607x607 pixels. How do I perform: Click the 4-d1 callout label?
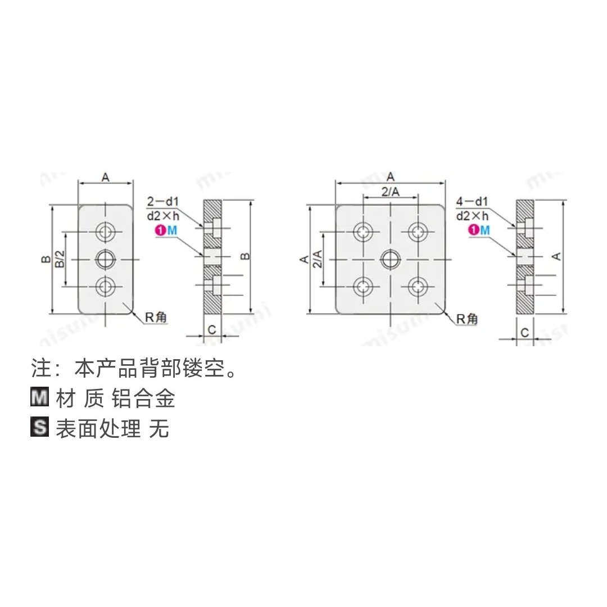pos(472,201)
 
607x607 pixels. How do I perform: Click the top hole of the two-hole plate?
pos(105,231)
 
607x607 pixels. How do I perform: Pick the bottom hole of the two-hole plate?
pos(105,287)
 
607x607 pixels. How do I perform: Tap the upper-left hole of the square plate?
pos(364,231)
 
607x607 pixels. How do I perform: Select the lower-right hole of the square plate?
pos(417,287)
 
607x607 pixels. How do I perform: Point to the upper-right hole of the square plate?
pos(417,231)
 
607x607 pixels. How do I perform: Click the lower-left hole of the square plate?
pos(364,287)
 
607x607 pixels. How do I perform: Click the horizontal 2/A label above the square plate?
pos(390,192)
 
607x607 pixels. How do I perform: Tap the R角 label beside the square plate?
pos(466,319)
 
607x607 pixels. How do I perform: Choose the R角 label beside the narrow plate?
pos(156,318)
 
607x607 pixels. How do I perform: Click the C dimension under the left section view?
pos(212,330)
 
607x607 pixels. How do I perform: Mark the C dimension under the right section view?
pos(524,332)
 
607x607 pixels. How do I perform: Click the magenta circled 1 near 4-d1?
pos(474,229)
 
